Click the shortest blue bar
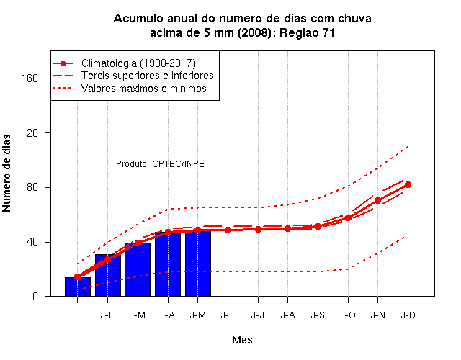click(78, 287)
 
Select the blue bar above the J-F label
click(108, 275)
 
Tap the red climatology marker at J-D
click(408, 184)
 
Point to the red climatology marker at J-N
click(377, 201)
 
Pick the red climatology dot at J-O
click(348, 217)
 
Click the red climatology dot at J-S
click(318, 226)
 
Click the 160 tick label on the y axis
click(30, 78)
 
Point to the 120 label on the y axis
click(30, 132)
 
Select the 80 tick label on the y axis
click(32, 187)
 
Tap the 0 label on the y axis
click(35, 296)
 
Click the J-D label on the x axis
click(408, 315)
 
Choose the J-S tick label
click(318, 315)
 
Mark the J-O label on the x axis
click(348, 315)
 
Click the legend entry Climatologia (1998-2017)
click(138, 63)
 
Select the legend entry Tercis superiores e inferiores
click(148, 76)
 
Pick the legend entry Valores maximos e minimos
click(144, 89)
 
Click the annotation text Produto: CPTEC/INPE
click(160, 163)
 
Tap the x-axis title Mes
click(242, 340)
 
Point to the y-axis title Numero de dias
click(6, 174)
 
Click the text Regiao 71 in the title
click(307, 32)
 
